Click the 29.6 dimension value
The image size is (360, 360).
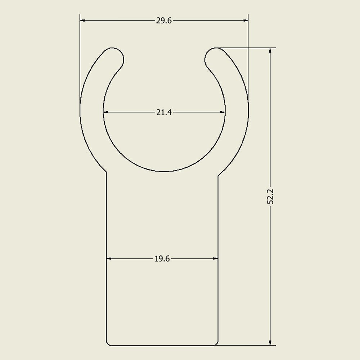pos(164,21)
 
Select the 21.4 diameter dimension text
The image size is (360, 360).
pos(164,112)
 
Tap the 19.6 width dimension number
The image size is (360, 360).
pos(162,258)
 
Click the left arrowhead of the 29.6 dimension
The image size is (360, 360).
pos(82,21)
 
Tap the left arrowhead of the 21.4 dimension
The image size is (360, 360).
pos(106,112)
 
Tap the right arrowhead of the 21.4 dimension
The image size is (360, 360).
pos(222,112)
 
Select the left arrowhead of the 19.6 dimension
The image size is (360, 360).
pos(109,258)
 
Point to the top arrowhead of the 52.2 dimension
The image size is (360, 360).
pos(270,50)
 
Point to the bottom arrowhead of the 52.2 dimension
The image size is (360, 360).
pos(270,342)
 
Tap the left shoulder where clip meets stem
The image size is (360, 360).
pos(107,173)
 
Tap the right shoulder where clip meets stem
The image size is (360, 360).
pos(218,175)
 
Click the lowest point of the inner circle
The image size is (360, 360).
pos(164,171)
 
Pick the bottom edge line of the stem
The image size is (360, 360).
pos(162,346)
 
